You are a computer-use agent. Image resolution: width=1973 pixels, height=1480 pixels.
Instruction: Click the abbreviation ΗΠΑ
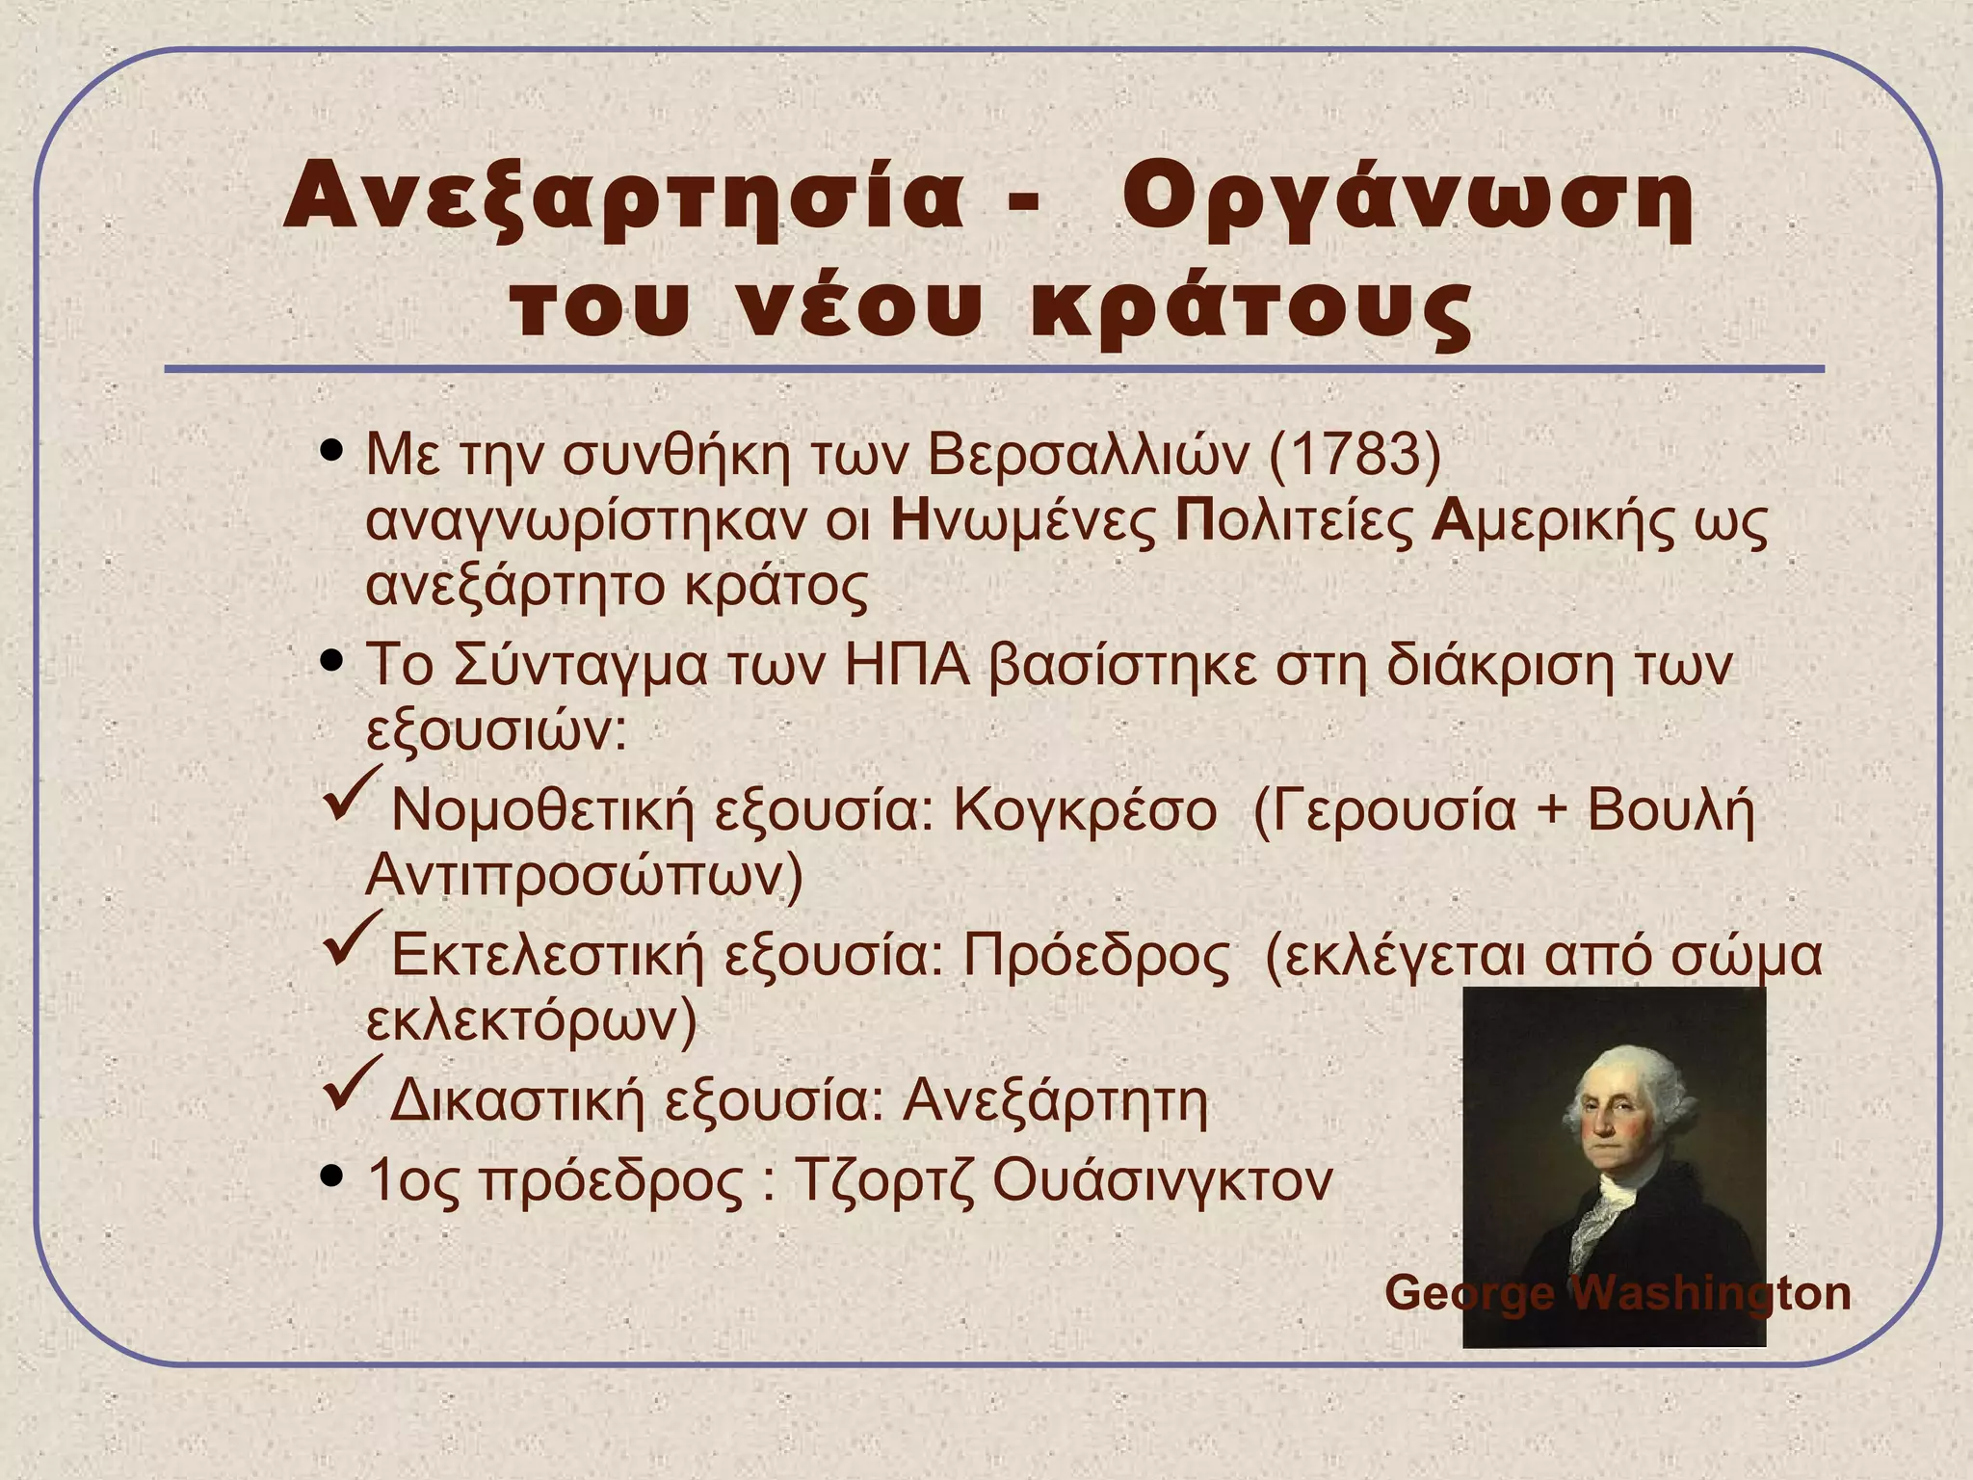906,666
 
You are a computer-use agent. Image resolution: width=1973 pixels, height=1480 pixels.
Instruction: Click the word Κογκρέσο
1085,810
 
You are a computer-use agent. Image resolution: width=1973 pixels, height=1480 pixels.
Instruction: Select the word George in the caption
1468,1293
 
